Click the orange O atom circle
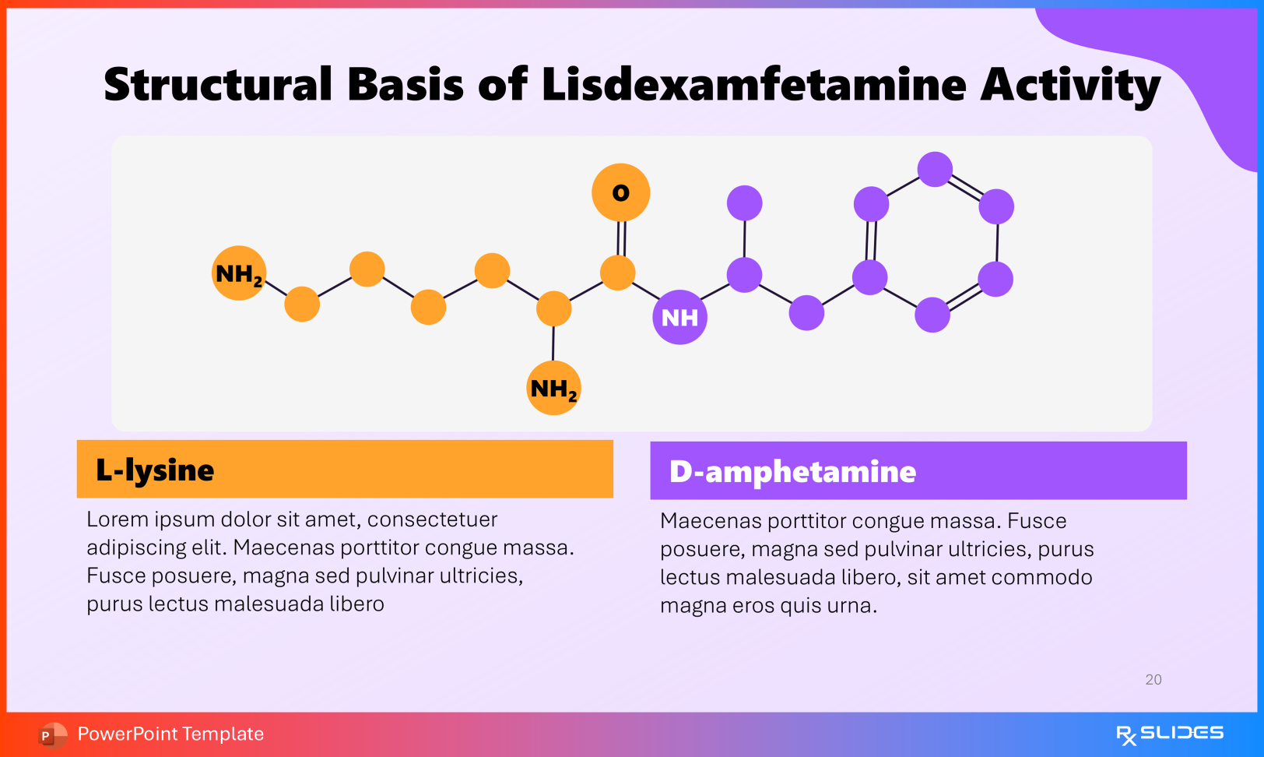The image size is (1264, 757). tap(620, 192)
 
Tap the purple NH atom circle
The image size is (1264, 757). tap(679, 317)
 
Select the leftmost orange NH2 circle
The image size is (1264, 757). tap(239, 273)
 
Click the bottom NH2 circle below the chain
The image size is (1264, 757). tap(553, 388)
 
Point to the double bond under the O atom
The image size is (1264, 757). tap(621, 238)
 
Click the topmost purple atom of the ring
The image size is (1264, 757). tap(935, 169)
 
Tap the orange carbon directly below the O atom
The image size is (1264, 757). tap(618, 273)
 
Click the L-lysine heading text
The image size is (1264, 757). tap(155, 470)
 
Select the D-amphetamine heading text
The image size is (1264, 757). tap(792, 471)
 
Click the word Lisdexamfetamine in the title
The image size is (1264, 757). tap(753, 84)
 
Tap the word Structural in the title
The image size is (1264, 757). tap(218, 84)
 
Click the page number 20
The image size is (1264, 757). tap(1153, 680)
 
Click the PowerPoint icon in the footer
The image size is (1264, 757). tap(51, 734)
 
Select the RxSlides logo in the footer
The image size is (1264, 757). tap(1169, 734)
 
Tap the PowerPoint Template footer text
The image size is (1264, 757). tap(170, 734)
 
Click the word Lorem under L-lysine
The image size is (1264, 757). tap(117, 519)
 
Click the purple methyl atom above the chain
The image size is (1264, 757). tap(744, 203)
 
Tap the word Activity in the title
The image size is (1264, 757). tap(1070, 84)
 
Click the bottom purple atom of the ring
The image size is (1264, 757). tap(932, 315)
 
